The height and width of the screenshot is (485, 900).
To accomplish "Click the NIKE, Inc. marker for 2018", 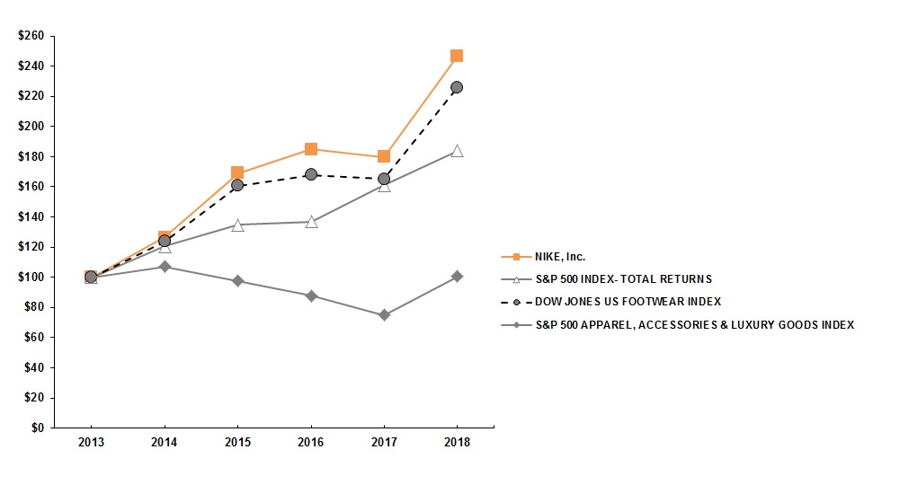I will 457,56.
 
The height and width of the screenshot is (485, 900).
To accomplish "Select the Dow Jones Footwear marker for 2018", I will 457,87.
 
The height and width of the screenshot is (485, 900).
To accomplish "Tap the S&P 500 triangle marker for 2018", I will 457,151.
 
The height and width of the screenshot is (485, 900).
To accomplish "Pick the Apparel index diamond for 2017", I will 384,315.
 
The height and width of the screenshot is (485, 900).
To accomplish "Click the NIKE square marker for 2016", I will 311,149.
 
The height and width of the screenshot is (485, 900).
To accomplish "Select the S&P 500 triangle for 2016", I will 311,221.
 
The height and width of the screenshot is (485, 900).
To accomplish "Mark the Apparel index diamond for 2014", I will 165,267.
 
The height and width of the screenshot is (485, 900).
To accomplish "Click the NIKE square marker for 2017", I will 384,156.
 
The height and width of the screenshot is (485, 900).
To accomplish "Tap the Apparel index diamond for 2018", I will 457,277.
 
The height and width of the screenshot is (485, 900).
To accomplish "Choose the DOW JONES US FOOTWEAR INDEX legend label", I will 623,302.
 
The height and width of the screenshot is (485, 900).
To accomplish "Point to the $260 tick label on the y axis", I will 31,36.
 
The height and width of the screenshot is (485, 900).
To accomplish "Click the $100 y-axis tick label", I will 31,277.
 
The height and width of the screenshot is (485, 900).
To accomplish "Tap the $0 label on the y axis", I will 37,428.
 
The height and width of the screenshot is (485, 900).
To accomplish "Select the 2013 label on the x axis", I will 91,443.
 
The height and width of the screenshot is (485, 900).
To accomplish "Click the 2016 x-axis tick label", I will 311,443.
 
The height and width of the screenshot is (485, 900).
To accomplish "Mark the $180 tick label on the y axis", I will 31,156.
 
